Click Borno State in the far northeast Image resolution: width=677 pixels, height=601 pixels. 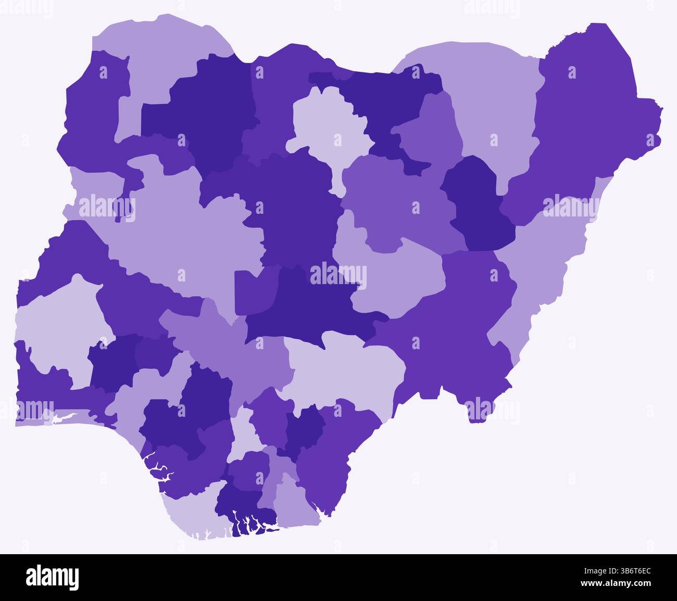tap(583, 120)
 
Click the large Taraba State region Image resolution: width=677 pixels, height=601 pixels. tap(443, 323)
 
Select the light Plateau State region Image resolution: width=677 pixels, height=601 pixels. tap(396, 281)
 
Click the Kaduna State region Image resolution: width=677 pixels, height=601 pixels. tap(292, 208)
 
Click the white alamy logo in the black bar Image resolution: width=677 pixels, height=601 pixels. tap(53, 577)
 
